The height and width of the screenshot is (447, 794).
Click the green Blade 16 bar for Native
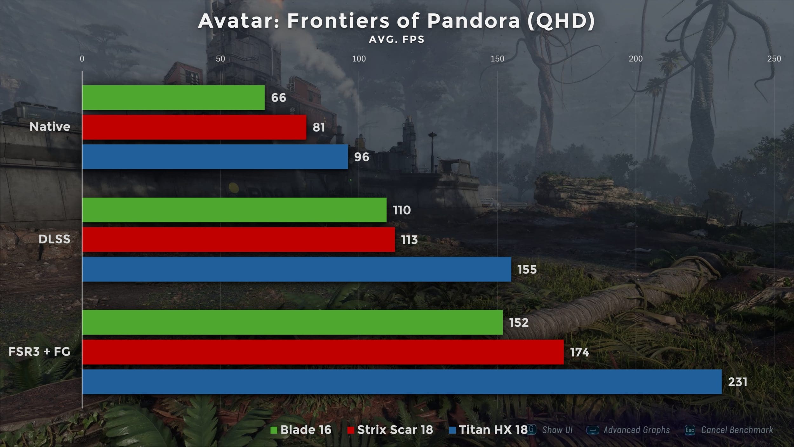pyautogui.click(x=173, y=97)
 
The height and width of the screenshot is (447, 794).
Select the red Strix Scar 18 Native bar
pyautogui.click(x=194, y=127)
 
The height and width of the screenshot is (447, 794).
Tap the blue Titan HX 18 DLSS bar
pyautogui.click(x=297, y=269)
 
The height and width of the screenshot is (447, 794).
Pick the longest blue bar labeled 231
pyautogui.click(x=402, y=382)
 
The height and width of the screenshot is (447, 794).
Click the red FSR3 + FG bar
pyautogui.click(x=323, y=352)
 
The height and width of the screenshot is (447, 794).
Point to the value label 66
pyautogui.click(x=279, y=98)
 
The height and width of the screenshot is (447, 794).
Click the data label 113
pyautogui.click(x=409, y=240)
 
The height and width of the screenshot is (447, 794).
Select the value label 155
pyautogui.click(x=527, y=270)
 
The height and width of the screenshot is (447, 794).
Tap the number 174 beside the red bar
pyautogui.click(x=579, y=352)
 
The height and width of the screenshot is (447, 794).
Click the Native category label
pyautogui.click(x=50, y=127)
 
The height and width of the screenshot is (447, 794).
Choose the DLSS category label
pyautogui.click(x=54, y=239)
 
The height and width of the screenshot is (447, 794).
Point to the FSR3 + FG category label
pyautogui.click(x=39, y=352)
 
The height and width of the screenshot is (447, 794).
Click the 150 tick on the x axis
pyautogui.click(x=497, y=59)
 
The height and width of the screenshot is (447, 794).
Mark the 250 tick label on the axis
pyautogui.click(x=774, y=59)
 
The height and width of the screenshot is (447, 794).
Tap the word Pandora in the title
pyautogui.click(x=473, y=21)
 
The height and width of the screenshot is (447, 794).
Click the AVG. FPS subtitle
pyautogui.click(x=396, y=40)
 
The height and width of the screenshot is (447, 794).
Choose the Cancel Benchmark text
pyautogui.click(x=737, y=430)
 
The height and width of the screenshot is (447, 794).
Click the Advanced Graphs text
pyautogui.click(x=636, y=430)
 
